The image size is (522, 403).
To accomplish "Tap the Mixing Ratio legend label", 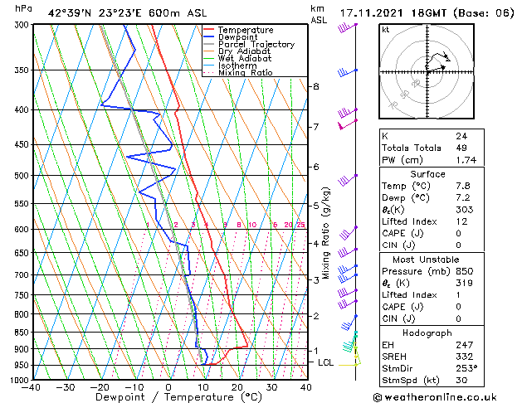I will point(246,73).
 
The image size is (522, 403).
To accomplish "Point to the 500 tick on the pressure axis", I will point(17,176).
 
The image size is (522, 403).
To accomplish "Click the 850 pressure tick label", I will point(17,333).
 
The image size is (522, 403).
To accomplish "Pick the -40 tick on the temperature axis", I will point(32,387).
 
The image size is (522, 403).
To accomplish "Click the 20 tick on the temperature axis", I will point(237,387).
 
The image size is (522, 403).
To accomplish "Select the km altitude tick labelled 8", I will point(315,86).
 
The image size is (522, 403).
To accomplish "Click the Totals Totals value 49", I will point(461,148).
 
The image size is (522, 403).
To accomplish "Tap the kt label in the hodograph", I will point(386,30).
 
